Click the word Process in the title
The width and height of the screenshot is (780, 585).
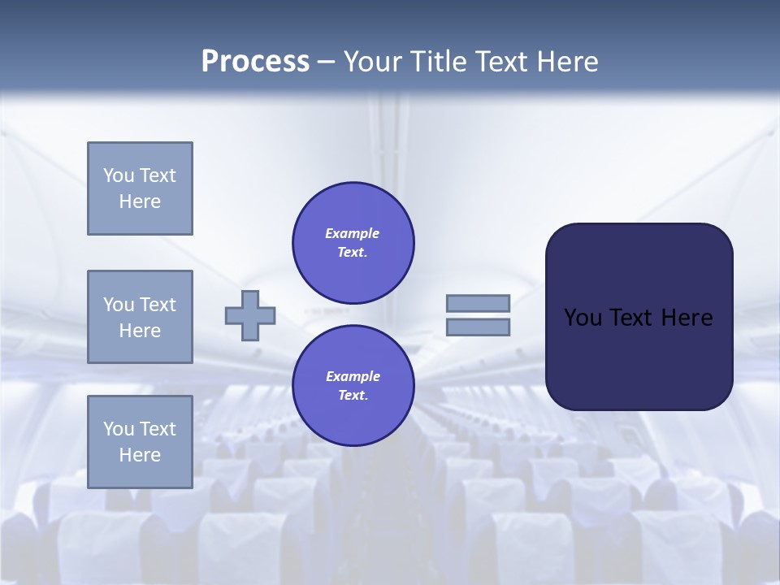255,62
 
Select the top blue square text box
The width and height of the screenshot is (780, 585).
140,188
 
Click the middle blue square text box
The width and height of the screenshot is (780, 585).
140,317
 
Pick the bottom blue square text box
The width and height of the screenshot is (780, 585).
140,442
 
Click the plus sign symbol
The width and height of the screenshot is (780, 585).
250,315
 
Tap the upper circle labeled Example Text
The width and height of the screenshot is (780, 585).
353,242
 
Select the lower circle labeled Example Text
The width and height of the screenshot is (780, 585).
353,385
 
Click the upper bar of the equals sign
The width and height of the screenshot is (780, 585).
478,303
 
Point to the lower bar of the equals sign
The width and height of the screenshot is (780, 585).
478,327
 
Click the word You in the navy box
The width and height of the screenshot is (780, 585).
582,318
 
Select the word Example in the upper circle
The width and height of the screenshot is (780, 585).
353,233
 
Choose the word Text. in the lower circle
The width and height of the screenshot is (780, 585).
353,396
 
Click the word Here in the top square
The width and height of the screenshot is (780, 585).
140,201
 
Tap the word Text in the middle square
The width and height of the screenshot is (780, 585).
158,305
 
